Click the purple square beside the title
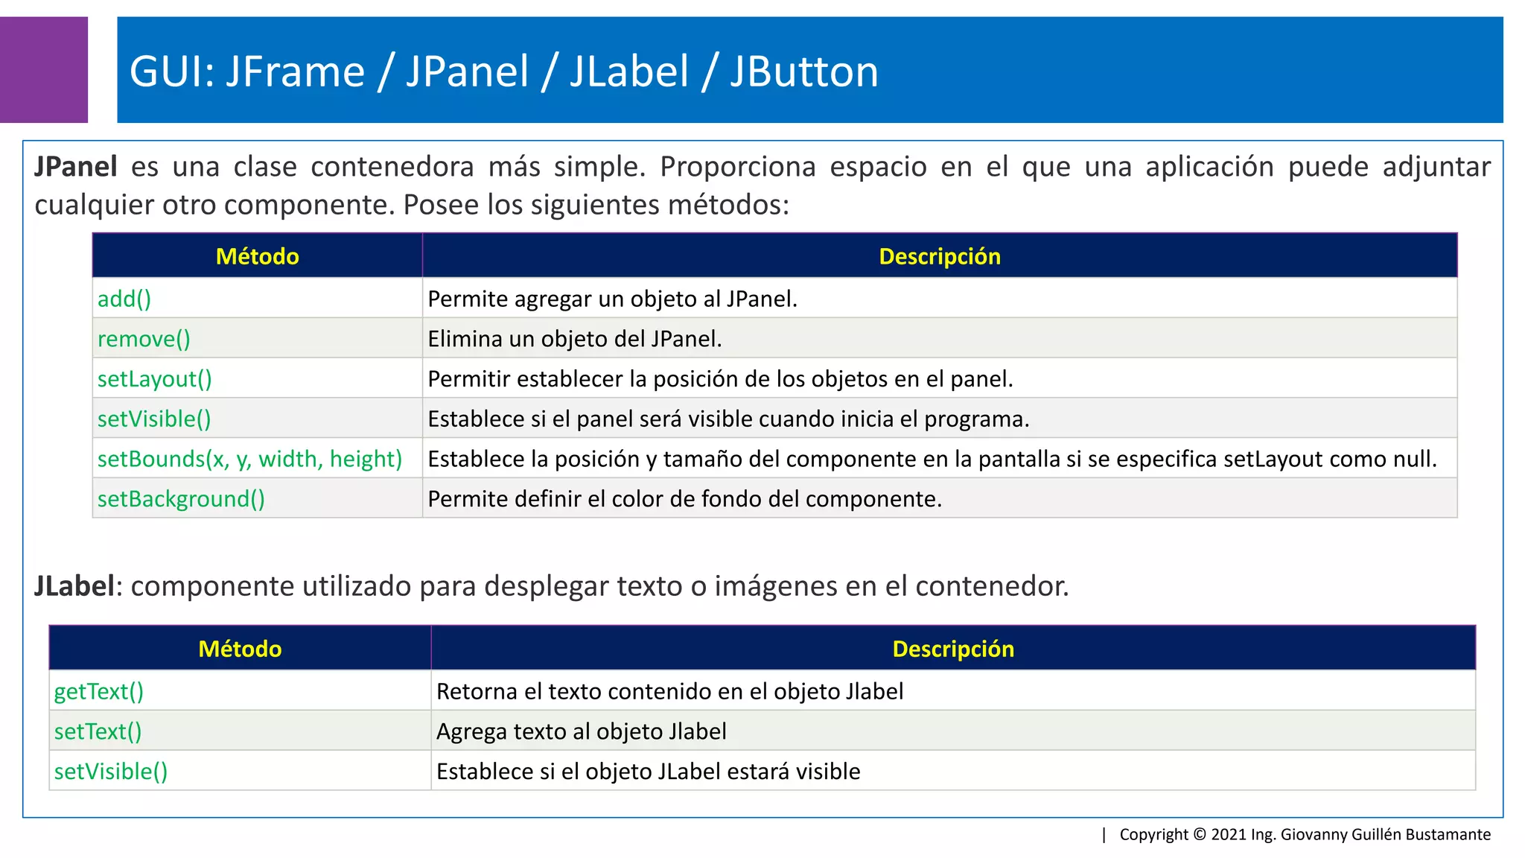tap(43, 69)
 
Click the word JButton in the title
tap(803, 72)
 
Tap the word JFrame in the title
tap(295, 72)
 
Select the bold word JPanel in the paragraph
tap(76, 167)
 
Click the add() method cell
tap(124, 299)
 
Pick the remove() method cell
tap(144, 340)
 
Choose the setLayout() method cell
tap(155, 379)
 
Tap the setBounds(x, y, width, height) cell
tap(249, 459)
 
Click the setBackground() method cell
tap(181, 499)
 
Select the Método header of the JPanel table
tap(257, 256)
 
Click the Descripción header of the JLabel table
tap(952, 649)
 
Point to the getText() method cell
tap(99, 692)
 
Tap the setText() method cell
tap(98, 732)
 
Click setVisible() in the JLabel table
tap(111, 772)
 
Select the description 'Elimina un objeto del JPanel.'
tap(574, 340)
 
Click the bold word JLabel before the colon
tap(74, 586)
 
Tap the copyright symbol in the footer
tap(1200, 834)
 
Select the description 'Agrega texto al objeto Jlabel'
tap(581, 732)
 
